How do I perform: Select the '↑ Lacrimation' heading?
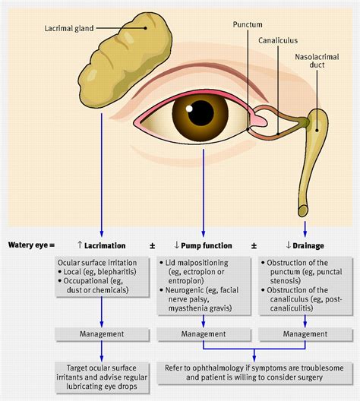101,245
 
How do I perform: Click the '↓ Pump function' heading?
204,245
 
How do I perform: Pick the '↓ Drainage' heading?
305,245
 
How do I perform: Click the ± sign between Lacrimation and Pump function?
152,245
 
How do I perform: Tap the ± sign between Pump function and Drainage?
254,245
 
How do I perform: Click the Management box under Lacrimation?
101,333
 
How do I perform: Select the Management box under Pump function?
204,333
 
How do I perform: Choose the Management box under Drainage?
305,333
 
